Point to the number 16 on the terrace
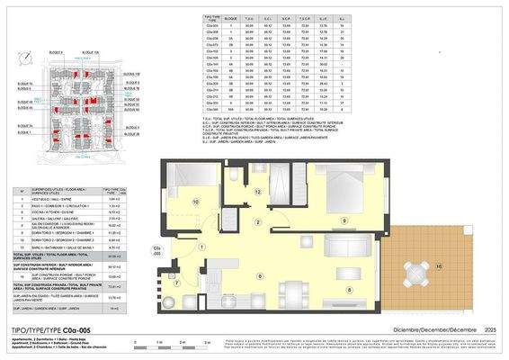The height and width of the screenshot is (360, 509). point(439,266)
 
